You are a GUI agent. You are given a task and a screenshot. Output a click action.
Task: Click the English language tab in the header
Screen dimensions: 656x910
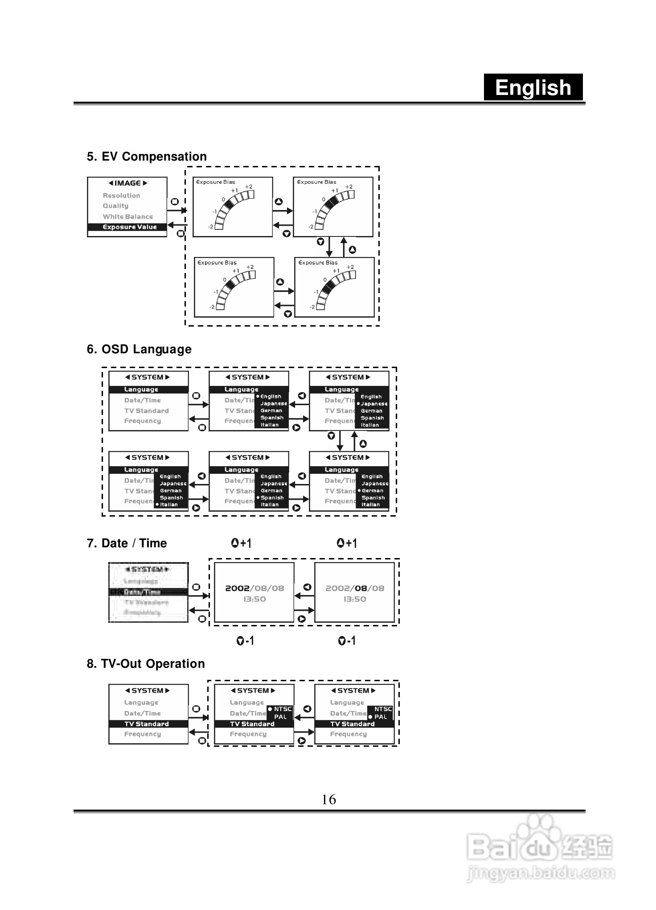[x=533, y=87]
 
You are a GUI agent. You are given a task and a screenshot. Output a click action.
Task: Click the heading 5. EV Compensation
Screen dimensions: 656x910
[x=147, y=157]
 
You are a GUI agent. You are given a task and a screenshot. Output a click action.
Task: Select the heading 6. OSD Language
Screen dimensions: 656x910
[x=139, y=349]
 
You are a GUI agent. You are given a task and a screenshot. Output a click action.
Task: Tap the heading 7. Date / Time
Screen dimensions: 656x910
[x=127, y=543]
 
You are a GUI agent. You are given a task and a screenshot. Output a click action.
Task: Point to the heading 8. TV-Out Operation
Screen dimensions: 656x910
[x=146, y=664]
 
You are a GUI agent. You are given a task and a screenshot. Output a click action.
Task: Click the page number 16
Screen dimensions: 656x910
[x=328, y=799]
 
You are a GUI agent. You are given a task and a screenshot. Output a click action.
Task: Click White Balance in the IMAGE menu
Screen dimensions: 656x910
[x=127, y=217]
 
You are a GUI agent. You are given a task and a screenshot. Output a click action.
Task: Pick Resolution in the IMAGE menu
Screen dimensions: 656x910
[x=121, y=195]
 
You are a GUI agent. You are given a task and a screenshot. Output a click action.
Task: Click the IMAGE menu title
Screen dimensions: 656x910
[x=127, y=183]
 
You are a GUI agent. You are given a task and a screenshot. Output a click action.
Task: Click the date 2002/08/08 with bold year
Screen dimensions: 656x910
[x=254, y=588]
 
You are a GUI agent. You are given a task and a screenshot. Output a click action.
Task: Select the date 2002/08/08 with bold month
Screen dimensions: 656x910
[x=355, y=588]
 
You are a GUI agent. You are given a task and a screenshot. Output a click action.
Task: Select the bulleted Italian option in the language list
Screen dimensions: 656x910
[x=168, y=505]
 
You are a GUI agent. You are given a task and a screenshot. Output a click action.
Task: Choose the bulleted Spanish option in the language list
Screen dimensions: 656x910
[x=271, y=498]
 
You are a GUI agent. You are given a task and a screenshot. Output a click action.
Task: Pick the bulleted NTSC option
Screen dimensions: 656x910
[x=281, y=709]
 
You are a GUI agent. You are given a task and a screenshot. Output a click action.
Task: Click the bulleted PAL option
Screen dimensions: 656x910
[x=379, y=717]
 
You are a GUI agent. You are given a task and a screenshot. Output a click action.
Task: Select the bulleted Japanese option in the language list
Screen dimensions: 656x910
[x=373, y=404]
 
